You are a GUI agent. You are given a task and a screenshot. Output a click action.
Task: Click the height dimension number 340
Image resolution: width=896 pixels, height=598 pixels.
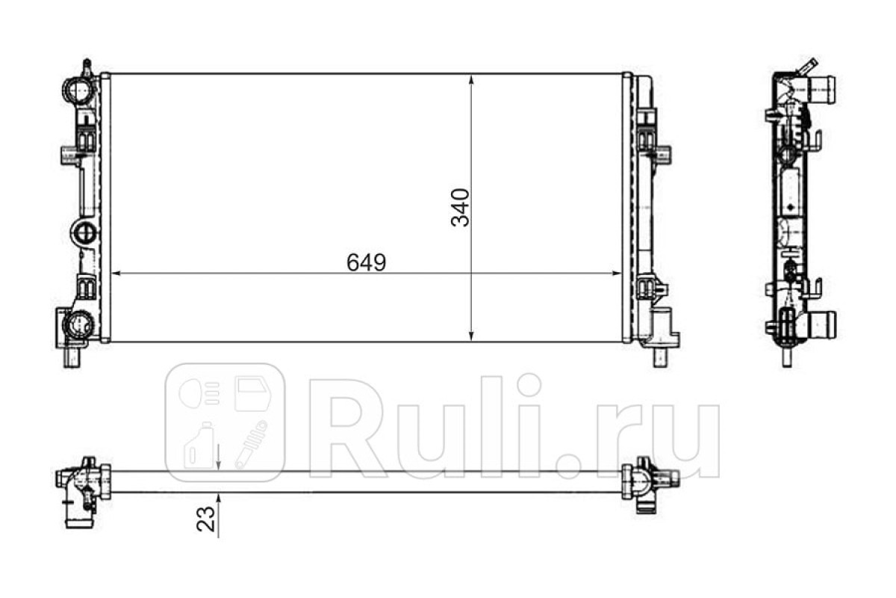[x=461, y=208]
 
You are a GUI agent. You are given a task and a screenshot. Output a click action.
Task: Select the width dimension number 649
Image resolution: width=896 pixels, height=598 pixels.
[x=367, y=263]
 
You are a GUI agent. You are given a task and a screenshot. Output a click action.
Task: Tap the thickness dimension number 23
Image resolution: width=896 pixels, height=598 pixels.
[x=205, y=519]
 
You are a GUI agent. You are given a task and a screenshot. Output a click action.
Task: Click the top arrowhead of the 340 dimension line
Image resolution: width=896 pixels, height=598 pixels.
[x=471, y=80]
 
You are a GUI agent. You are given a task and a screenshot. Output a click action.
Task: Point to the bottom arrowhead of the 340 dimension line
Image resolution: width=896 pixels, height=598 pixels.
[x=471, y=336]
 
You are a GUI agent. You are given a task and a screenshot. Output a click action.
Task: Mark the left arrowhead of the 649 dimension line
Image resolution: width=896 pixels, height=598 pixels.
[x=116, y=273]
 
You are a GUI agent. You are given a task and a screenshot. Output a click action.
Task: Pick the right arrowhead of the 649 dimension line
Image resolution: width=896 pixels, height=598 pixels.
[x=617, y=273]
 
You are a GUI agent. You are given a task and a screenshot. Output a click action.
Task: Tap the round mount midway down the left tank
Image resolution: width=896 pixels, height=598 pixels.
[x=84, y=232]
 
